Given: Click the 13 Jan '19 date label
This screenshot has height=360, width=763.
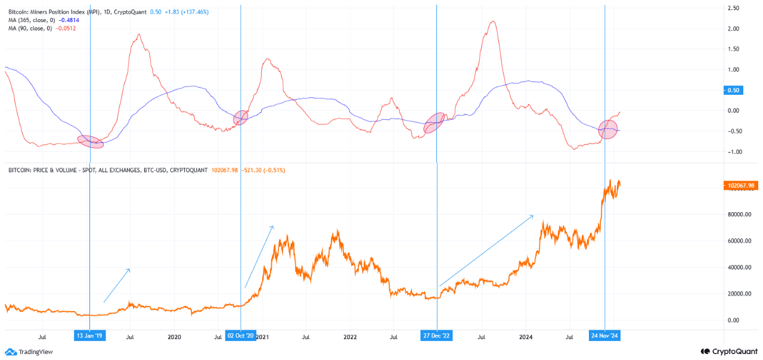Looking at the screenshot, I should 89,336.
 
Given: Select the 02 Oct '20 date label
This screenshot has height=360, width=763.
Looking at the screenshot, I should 241,336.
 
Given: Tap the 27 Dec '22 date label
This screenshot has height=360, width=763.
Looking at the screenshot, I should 437,336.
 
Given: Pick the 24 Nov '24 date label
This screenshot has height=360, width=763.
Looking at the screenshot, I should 605,336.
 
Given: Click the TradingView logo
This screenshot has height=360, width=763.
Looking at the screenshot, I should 29,352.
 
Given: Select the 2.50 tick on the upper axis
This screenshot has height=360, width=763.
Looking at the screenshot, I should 733,8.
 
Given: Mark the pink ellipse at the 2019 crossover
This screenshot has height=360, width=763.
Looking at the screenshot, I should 91,141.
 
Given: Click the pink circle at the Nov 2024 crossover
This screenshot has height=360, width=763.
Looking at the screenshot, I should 607,129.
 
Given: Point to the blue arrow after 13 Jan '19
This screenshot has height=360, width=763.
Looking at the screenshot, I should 116,285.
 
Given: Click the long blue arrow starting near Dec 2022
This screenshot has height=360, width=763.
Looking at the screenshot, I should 486,251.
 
